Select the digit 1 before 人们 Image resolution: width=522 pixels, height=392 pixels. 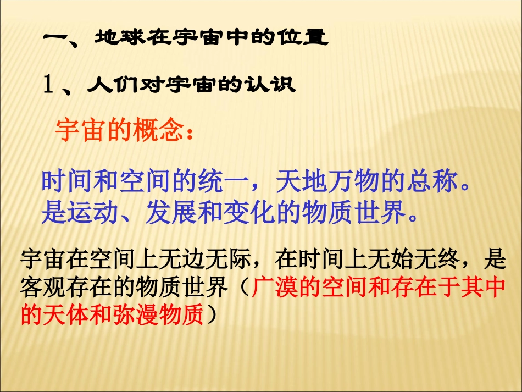pyautogui.click(x=48, y=85)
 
